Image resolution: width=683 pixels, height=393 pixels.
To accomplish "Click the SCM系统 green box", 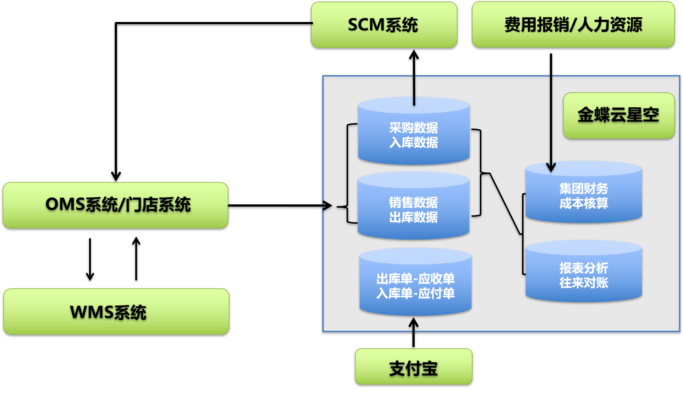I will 384,25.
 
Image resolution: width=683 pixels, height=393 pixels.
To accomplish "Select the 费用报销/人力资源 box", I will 573,25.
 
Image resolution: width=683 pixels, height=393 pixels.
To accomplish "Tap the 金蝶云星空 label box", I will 618,115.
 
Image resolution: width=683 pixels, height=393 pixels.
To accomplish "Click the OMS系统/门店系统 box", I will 115,205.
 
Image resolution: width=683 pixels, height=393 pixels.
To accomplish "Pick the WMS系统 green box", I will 116,312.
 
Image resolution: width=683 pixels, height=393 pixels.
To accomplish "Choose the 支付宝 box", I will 414,367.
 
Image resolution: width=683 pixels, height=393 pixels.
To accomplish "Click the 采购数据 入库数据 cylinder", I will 414,132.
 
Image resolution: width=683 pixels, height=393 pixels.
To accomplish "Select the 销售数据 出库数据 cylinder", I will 414,207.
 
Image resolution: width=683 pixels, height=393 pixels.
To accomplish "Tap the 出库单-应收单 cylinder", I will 415,282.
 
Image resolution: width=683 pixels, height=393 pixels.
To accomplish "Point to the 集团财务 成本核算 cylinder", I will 584,193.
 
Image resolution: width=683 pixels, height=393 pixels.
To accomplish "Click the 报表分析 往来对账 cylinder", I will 584,273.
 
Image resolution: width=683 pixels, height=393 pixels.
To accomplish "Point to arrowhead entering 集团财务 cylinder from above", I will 551,168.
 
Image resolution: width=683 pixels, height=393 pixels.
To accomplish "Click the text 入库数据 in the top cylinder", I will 414,142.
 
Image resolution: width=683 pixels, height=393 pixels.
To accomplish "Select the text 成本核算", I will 584,203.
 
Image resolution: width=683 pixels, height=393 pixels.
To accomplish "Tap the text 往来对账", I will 584,283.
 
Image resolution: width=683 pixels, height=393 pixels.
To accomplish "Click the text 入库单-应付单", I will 415,293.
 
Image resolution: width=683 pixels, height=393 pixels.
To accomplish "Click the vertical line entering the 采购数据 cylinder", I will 414,90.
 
